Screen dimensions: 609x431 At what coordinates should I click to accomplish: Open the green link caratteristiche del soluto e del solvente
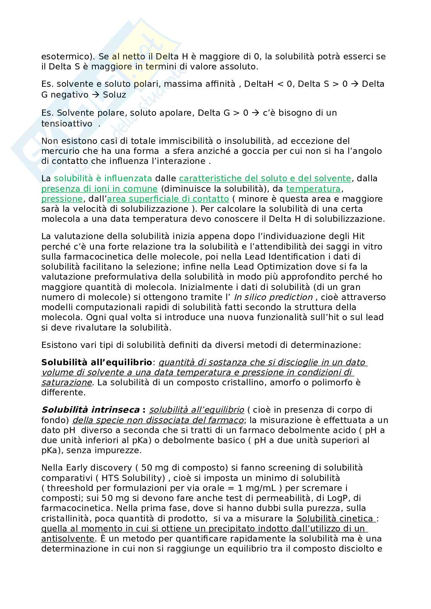pyautogui.click(x=265, y=178)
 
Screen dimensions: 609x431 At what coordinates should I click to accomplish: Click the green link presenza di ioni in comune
pyautogui.click(x=100, y=189)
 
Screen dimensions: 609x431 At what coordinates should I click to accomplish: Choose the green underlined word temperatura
pyautogui.click(x=314, y=189)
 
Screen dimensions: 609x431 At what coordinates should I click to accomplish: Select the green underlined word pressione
pyautogui.click(x=62, y=199)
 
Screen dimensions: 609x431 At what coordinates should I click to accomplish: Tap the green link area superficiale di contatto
pyautogui.click(x=168, y=199)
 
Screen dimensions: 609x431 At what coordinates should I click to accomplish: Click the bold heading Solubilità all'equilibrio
pyautogui.click(x=97, y=362)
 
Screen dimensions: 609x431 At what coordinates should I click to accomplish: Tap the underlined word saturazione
pyautogui.click(x=66, y=382)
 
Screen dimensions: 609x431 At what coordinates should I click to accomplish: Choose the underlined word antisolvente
pyautogui.click(x=68, y=538)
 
